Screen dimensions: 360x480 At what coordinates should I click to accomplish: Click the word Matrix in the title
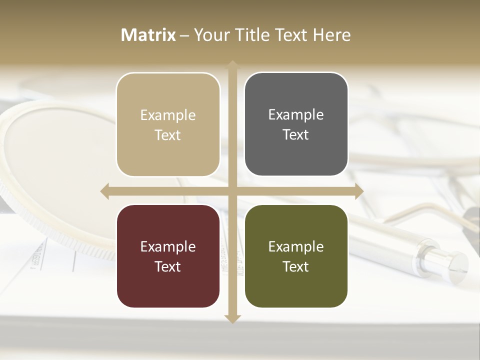pyautogui.click(x=148, y=35)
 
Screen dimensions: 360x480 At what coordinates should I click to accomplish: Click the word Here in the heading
pyautogui.click(x=331, y=35)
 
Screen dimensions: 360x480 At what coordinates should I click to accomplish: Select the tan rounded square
pyautogui.click(x=168, y=124)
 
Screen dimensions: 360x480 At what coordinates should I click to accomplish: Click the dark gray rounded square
pyautogui.click(x=296, y=124)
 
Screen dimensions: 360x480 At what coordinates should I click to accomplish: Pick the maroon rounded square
pyautogui.click(x=168, y=256)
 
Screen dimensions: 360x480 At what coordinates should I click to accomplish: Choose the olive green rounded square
pyautogui.click(x=296, y=256)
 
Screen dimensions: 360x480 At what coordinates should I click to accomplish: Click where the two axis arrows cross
pyautogui.click(x=232, y=191)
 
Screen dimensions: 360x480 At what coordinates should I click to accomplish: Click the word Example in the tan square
pyautogui.click(x=168, y=115)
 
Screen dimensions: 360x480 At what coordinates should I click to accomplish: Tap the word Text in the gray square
pyautogui.click(x=296, y=135)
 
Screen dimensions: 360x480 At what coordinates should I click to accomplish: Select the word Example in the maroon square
pyautogui.click(x=168, y=247)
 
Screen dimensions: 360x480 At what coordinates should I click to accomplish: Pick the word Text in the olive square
pyautogui.click(x=296, y=267)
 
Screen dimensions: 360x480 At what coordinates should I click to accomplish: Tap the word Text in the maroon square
pyautogui.click(x=168, y=267)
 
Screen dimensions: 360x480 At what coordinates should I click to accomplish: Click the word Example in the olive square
pyautogui.click(x=296, y=247)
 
